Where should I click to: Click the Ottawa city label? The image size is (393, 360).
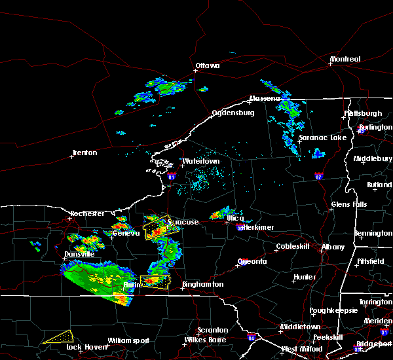click(x=208, y=65)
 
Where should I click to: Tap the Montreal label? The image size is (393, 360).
click(x=345, y=60)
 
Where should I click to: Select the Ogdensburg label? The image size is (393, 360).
click(x=233, y=113)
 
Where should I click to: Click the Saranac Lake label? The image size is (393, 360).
click(x=322, y=138)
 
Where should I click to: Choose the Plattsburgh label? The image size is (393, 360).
click(x=363, y=113)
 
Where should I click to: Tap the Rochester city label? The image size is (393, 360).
click(x=88, y=213)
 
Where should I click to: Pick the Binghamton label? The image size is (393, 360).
click(x=203, y=285)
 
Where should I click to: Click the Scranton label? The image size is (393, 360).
click(x=214, y=331)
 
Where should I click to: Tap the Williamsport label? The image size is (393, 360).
click(x=128, y=340)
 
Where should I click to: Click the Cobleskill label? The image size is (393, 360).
click(x=291, y=247)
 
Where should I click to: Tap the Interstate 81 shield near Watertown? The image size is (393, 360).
click(x=172, y=176)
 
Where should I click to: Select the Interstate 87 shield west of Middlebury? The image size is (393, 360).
click(x=318, y=175)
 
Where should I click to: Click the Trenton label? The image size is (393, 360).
click(x=84, y=153)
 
